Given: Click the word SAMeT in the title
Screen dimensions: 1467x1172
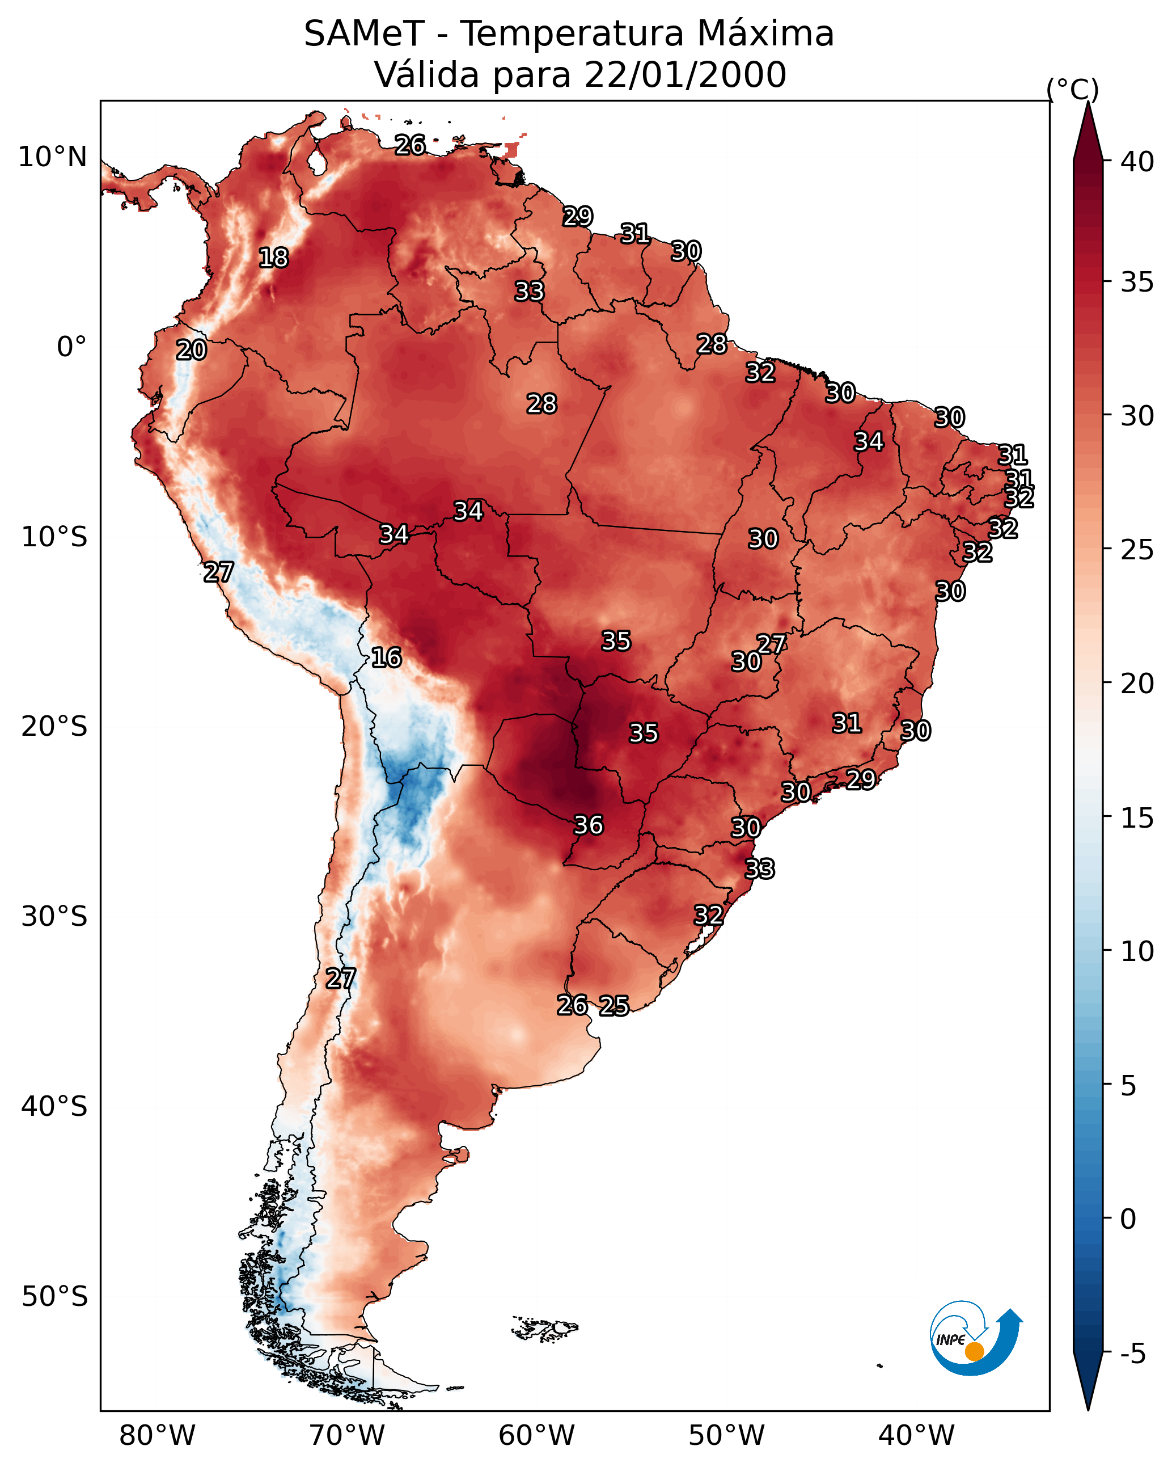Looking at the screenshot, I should click(x=364, y=34).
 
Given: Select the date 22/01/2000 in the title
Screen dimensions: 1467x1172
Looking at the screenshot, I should click(x=684, y=75).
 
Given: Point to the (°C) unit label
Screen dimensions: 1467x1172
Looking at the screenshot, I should click(x=1072, y=89).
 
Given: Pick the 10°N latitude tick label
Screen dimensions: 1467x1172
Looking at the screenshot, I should click(x=52, y=157).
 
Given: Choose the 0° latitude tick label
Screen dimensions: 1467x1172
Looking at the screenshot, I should click(x=71, y=347).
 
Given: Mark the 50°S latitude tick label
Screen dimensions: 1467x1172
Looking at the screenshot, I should click(x=54, y=1297).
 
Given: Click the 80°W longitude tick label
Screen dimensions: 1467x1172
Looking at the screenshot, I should click(x=157, y=1436).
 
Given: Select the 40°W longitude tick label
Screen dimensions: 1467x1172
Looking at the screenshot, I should click(x=916, y=1436).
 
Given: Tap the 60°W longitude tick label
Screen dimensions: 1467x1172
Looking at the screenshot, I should click(x=537, y=1436).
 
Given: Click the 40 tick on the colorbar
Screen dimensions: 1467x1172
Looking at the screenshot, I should click(x=1137, y=162).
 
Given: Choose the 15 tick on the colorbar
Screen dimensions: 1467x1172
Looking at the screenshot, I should click(x=1137, y=818).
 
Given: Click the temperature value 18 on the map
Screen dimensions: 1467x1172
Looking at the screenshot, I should click(x=273, y=258).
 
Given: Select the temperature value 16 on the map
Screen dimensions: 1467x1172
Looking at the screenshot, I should click(x=386, y=658).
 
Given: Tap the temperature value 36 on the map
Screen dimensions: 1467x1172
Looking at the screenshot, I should click(x=589, y=825).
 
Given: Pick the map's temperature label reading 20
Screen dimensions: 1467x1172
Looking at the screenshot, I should click(x=191, y=351).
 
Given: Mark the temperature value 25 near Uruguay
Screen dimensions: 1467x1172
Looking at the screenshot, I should click(x=614, y=1006).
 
